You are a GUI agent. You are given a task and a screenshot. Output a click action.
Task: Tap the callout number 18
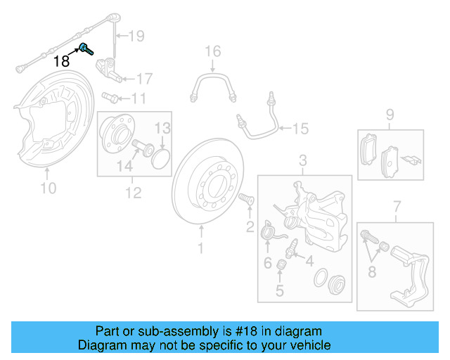pyautogui.click(x=62, y=61)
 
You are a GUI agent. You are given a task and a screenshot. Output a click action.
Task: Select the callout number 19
pyautogui.click(x=136, y=35)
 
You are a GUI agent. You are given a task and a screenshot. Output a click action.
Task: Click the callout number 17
pyautogui.click(x=143, y=78)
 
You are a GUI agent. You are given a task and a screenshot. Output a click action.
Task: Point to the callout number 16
pyautogui.click(x=212, y=51)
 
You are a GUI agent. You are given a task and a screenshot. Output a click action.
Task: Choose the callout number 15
pyautogui.click(x=300, y=129)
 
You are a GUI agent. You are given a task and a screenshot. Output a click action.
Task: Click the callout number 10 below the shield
pyautogui.click(x=48, y=188)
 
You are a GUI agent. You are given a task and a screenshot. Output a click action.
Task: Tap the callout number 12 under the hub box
pyautogui.click(x=133, y=192)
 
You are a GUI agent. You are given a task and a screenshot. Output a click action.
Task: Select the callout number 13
pyautogui.click(x=162, y=128)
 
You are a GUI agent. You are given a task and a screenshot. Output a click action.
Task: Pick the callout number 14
pyautogui.click(x=124, y=166)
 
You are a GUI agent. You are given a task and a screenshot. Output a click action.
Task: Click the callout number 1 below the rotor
pyautogui.click(x=200, y=247)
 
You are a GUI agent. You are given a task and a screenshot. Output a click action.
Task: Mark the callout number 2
pyautogui.click(x=250, y=226)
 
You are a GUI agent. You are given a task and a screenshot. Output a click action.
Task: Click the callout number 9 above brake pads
pyautogui.click(x=390, y=115)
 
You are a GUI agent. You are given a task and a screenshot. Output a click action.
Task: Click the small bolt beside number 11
pyautogui.click(x=110, y=97)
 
